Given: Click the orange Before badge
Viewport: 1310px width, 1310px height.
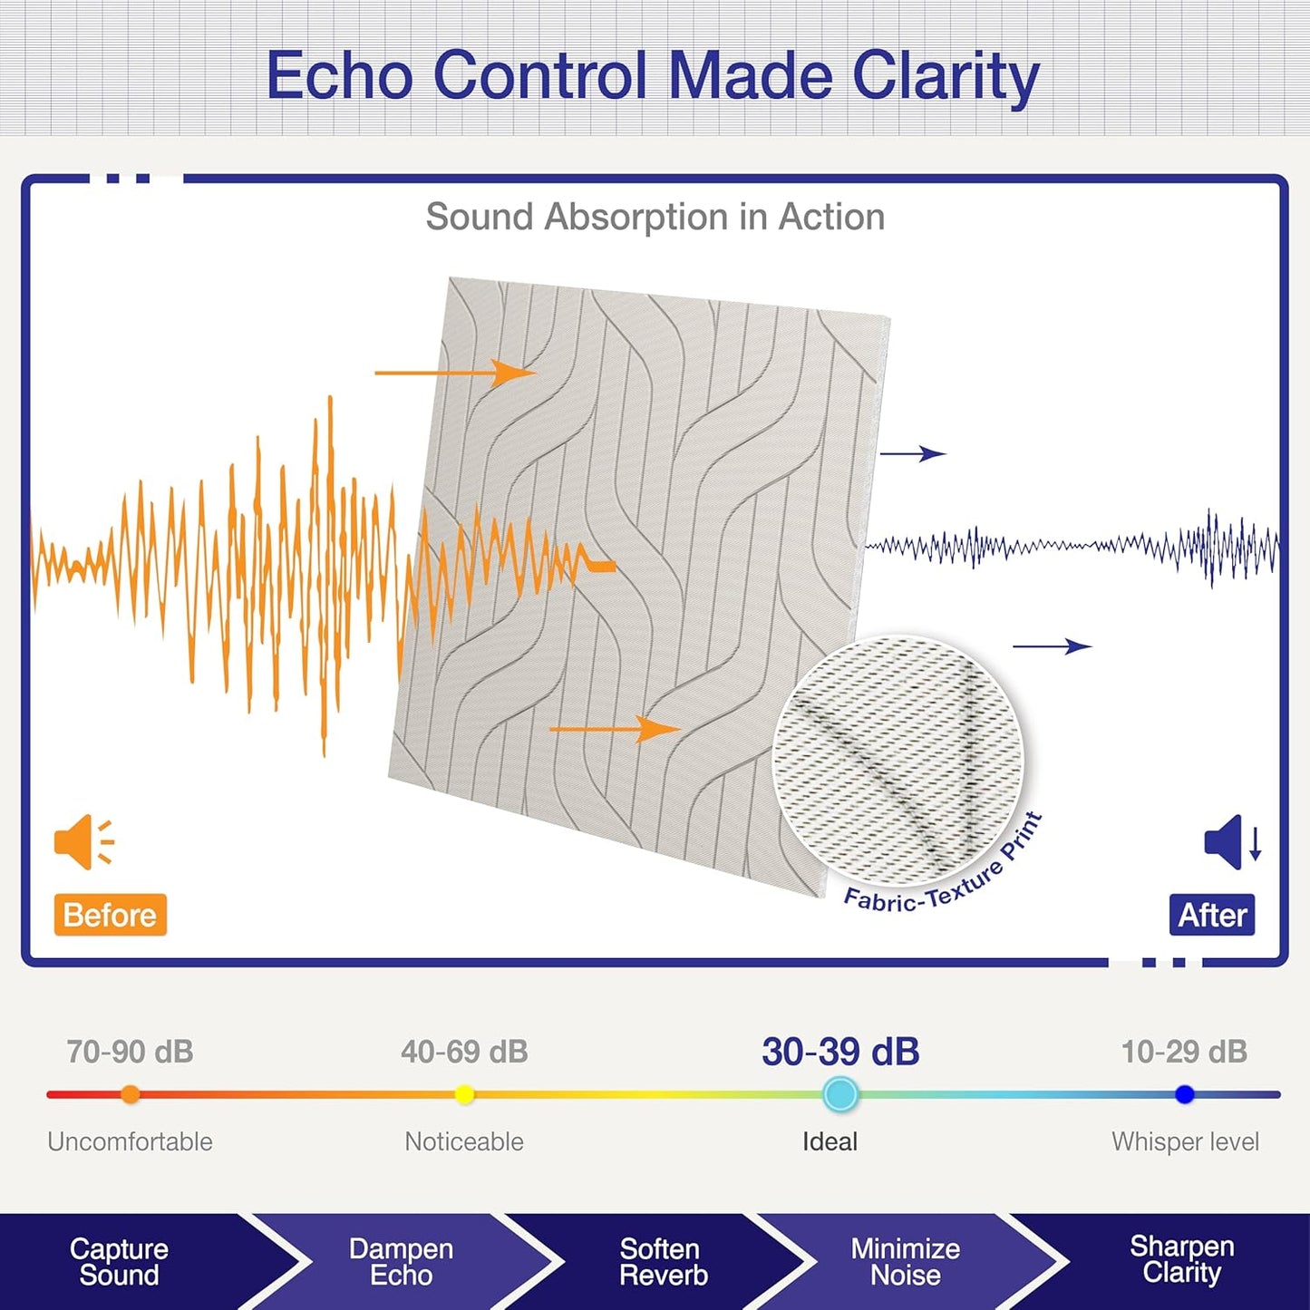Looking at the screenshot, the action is tap(110, 915).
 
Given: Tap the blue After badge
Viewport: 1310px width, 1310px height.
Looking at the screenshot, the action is tap(1212, 915).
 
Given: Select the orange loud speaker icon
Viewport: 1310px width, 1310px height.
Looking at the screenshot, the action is tap(83, 841).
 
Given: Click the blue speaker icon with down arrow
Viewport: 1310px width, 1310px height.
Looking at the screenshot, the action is tap(1233, 841).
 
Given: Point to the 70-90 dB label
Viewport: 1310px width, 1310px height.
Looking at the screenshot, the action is tap(130, 1052).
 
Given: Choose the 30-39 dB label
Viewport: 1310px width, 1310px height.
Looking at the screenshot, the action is tap(840, 1052).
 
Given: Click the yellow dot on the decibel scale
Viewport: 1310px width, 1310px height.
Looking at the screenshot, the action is tap(464, 1094).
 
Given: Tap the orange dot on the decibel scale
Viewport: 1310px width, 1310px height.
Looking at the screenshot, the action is tap(130, 1094).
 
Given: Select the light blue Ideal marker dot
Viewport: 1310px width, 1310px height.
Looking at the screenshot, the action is tap(840, 1094).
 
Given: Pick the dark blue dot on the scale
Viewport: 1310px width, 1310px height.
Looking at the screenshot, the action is tap(1184, 1094).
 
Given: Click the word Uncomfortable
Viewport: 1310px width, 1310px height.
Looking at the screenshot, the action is tap(130, 1142).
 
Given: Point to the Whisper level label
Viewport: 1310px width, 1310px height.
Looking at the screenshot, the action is tap(1185, 1142).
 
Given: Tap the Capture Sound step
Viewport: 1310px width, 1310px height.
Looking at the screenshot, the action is tap(120, 1262).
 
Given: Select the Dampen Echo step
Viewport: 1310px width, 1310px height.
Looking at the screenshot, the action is tap(401, 1262).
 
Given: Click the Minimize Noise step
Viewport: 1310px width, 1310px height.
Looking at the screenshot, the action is tap(906, 1262).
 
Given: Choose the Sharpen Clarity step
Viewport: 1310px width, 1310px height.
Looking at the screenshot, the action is tap(1182, 1259).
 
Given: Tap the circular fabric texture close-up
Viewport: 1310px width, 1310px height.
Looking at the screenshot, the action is tap(898, 761).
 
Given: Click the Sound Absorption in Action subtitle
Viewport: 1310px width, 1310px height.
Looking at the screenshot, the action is tap(655, 217).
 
